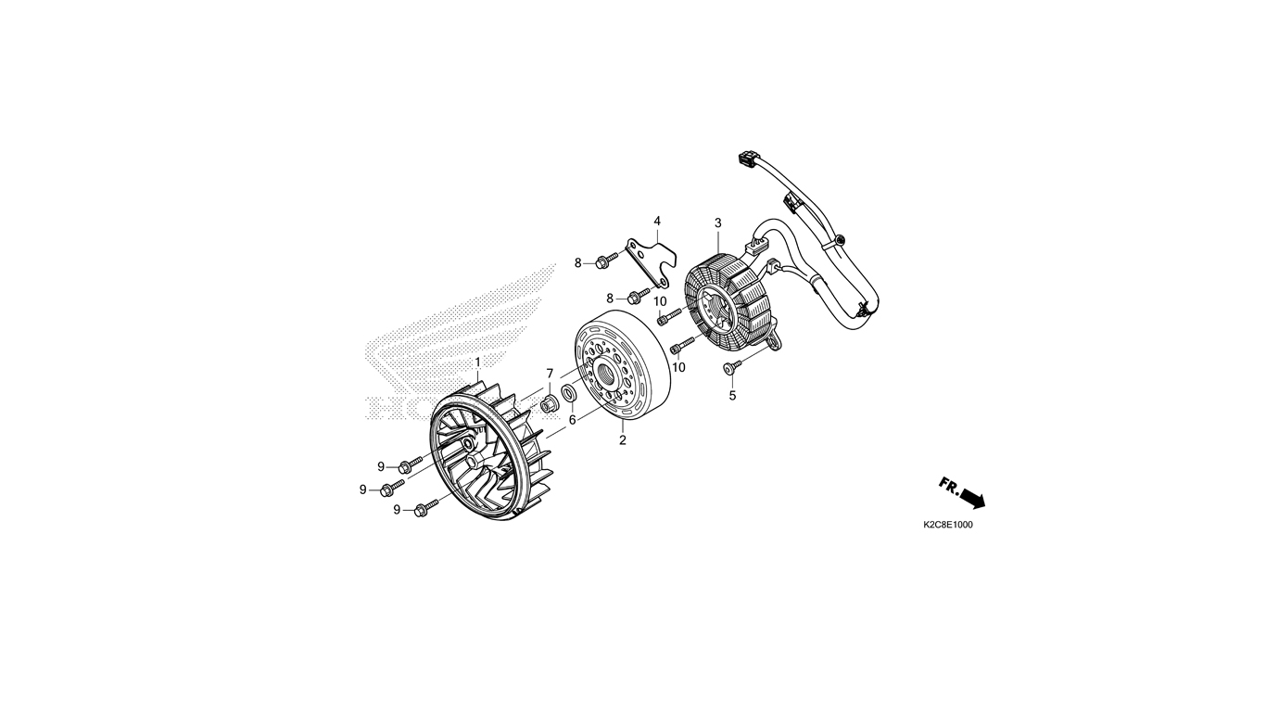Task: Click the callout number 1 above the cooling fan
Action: [x=477, y=362]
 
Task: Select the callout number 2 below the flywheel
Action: [x=622, y=440]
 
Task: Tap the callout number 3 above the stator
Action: [x=717, y=223]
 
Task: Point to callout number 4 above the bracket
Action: [x=657, y=221]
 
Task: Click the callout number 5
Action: [x=732, y=396]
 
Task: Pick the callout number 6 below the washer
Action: [x=572, y=420]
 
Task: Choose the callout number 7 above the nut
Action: [x=550, y=374]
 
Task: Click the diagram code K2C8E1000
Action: [x=948, y=525]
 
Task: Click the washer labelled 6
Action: [x=568, y=392]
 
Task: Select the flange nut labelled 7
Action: [x=549, y=405]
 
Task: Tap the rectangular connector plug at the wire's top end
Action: [x=748, y=159]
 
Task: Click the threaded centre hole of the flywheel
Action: [x=609, y=374]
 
